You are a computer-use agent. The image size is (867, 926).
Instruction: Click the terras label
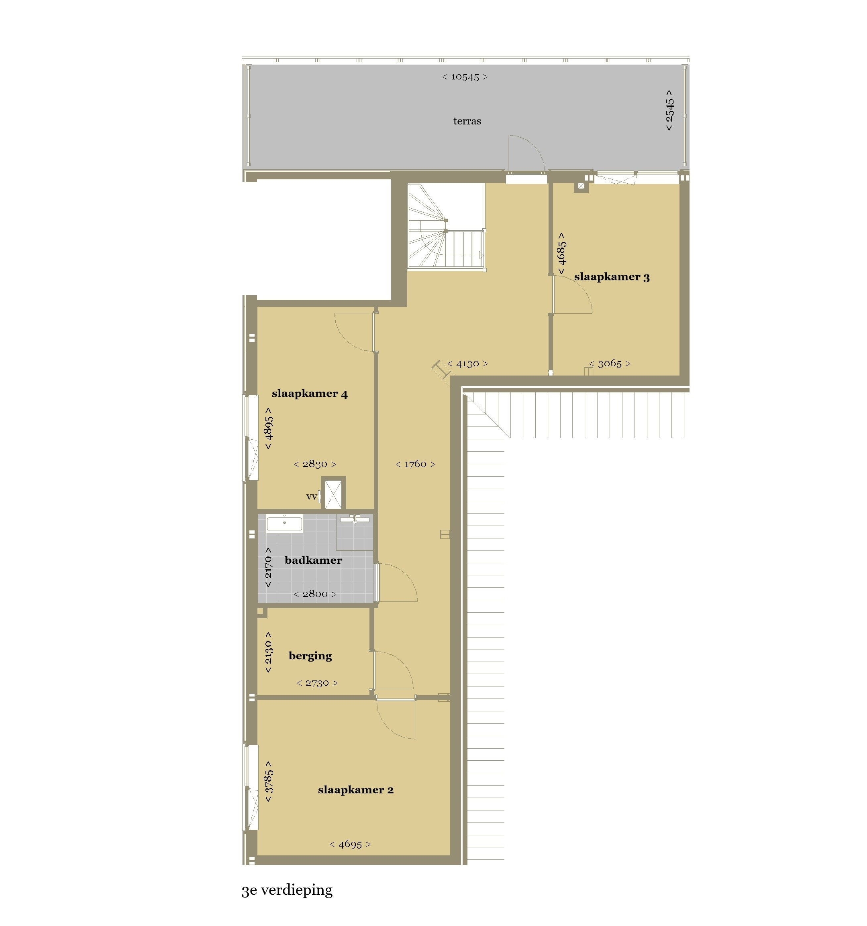(467, 121)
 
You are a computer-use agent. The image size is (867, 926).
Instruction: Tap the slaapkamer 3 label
(612, 277)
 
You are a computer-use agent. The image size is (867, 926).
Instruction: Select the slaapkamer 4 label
(310, 394)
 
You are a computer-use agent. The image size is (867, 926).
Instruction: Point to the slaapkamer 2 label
(356, 790)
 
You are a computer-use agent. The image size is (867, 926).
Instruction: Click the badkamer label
(313, 560)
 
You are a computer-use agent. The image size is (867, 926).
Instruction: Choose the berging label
(310, 656)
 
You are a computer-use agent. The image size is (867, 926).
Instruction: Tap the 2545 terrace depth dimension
(669, 110)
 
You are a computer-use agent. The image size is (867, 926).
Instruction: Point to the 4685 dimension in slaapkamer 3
(562, 254)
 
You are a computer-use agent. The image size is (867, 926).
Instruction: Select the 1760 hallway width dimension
(415, 464)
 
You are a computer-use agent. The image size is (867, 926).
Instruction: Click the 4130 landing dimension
(467, 363)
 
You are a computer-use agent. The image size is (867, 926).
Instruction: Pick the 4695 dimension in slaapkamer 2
(350, 844)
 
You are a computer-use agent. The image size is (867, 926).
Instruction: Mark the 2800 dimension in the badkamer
(315, 594)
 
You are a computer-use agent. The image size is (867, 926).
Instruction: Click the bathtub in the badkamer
(284, 523)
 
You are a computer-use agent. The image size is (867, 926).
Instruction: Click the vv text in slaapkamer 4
(311, 497)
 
